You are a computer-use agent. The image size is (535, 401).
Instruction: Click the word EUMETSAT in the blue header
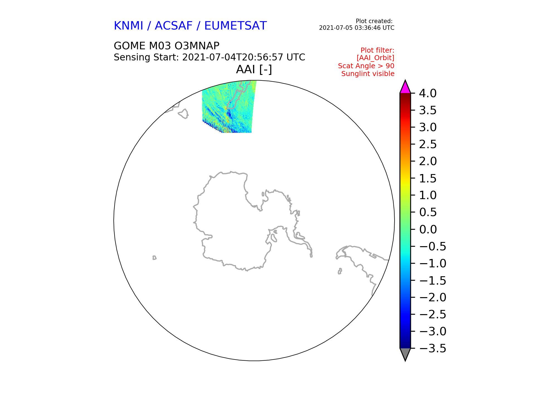tap(235, 26)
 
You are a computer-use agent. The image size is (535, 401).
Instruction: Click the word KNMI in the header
tap(128, 26)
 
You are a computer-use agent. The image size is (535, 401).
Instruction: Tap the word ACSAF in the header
tap(174, 26)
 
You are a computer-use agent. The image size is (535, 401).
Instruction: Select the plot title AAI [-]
tap(254, 69)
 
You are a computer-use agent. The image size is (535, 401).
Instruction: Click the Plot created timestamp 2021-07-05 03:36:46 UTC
tap(357, 28)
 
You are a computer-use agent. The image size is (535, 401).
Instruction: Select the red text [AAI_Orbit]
tap(375, 58)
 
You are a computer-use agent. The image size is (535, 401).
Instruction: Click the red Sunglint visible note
tap(368, 74)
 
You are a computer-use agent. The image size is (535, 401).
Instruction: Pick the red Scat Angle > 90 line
tap(366, 66)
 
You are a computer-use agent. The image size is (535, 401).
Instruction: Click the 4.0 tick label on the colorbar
tap(428, 93)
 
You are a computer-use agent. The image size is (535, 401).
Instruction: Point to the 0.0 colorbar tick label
tap(428, 229)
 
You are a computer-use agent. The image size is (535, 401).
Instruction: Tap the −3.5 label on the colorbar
tap(432, 348)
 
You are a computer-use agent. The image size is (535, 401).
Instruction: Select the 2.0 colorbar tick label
tap(428, 161)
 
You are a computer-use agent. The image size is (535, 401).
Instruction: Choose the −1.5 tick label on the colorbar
tap(432, 280)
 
